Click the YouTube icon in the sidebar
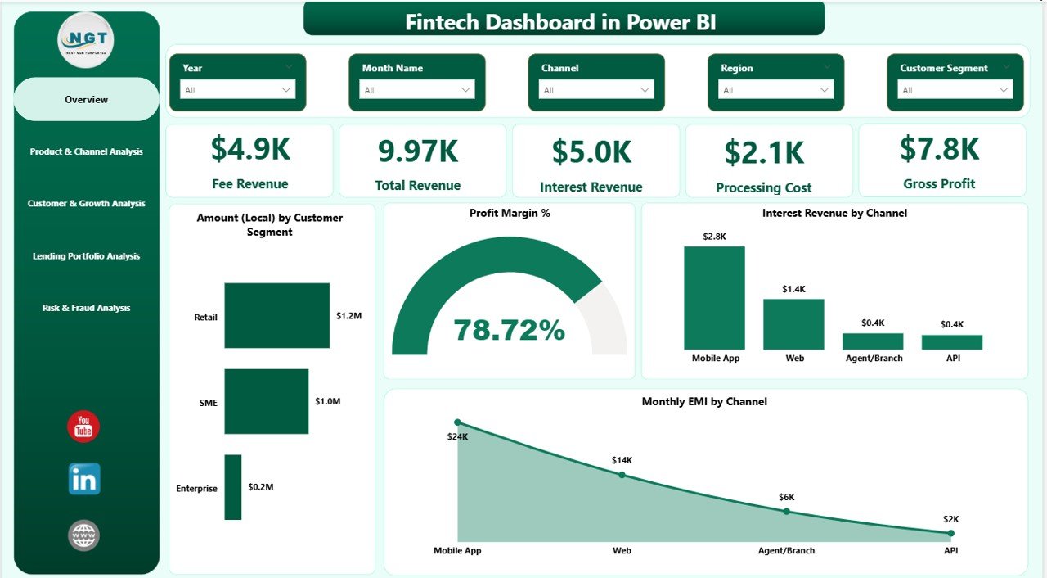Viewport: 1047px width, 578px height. [83, 427]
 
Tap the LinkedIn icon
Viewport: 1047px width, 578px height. [84, 479]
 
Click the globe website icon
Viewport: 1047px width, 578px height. [83, 535]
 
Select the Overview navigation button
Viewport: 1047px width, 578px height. [86, 100]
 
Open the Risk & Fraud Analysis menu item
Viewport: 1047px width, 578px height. [86, 309]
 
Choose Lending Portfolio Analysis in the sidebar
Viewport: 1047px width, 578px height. [86, 256]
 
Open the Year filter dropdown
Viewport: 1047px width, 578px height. [237, 90]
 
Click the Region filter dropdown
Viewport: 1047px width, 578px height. [775, 90]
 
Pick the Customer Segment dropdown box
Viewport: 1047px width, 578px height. [955, 90]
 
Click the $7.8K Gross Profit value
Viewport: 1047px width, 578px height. [939, 149]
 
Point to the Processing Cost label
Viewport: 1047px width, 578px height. [763, 187]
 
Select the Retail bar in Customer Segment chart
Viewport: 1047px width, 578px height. [276, 316]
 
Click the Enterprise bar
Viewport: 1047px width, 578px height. [233, 487]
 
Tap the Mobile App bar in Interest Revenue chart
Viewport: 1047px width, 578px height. [714, 298]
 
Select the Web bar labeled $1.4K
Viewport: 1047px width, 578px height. [793, 324]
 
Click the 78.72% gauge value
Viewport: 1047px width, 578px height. [509, 330]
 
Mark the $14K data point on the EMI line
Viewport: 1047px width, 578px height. [622, 475]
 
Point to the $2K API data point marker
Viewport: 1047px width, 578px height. [950, 533]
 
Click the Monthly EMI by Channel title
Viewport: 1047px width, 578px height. [704, 402]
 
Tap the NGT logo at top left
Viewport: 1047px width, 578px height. [86, 39]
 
